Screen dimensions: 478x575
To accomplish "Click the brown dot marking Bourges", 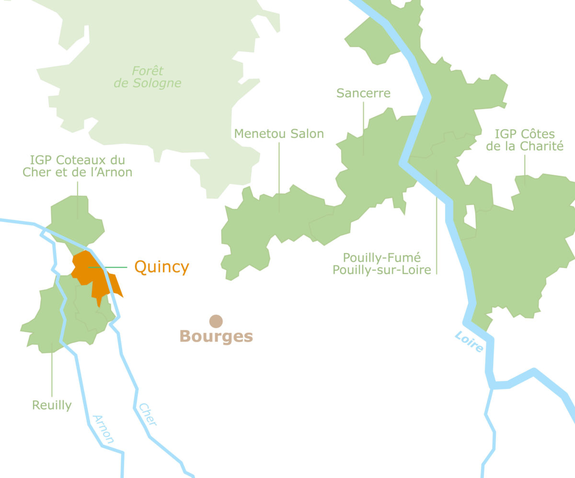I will (216, 321).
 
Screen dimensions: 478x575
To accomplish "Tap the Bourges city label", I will (216, 337).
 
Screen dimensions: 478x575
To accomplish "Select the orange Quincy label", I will (161, 267).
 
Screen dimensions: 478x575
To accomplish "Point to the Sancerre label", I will (363, 93).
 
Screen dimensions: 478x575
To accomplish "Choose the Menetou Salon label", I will (279, 134).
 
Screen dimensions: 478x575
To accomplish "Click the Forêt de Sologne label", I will (148, 77).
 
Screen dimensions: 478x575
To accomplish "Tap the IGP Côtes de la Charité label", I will (525, 140).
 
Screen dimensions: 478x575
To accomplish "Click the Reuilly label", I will (52, 405).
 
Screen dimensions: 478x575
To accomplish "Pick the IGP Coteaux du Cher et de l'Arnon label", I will (78, 166).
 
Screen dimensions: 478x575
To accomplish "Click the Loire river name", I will (469, 342).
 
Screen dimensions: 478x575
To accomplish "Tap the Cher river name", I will (148, 415).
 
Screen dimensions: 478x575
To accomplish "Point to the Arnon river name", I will (103, 429).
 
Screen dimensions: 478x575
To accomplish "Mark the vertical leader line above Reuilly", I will (52, 369).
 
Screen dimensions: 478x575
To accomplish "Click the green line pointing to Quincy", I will (115, 267).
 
